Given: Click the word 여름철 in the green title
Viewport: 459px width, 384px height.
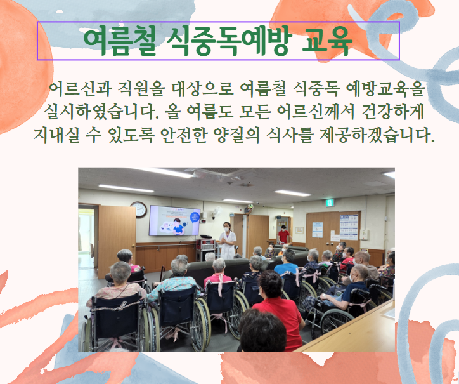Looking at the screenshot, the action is [x=119, y=41].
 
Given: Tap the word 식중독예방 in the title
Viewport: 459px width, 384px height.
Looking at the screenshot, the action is [x=229, y=41].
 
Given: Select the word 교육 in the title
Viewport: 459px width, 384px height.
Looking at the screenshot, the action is [x=327, y=41].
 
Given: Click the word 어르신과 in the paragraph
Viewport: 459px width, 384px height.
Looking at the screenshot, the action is [x=81, y=89].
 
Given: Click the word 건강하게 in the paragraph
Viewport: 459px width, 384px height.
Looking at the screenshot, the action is [x=393, y=112].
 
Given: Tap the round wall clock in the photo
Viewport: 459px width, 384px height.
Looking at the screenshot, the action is [x=139, y=209].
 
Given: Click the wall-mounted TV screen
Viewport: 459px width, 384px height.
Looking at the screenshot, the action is [x=174, y=221].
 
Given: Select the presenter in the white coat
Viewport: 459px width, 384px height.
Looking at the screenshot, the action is [x=228, y=241].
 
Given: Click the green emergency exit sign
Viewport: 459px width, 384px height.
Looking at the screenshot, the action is [x=330, y=202].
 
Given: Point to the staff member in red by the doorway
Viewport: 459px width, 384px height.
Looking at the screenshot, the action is [x=283, y=234].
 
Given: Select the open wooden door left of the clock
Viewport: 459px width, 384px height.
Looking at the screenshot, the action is [x=117, y=241].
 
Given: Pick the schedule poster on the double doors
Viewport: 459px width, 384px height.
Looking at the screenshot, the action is [x=349, y=227].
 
